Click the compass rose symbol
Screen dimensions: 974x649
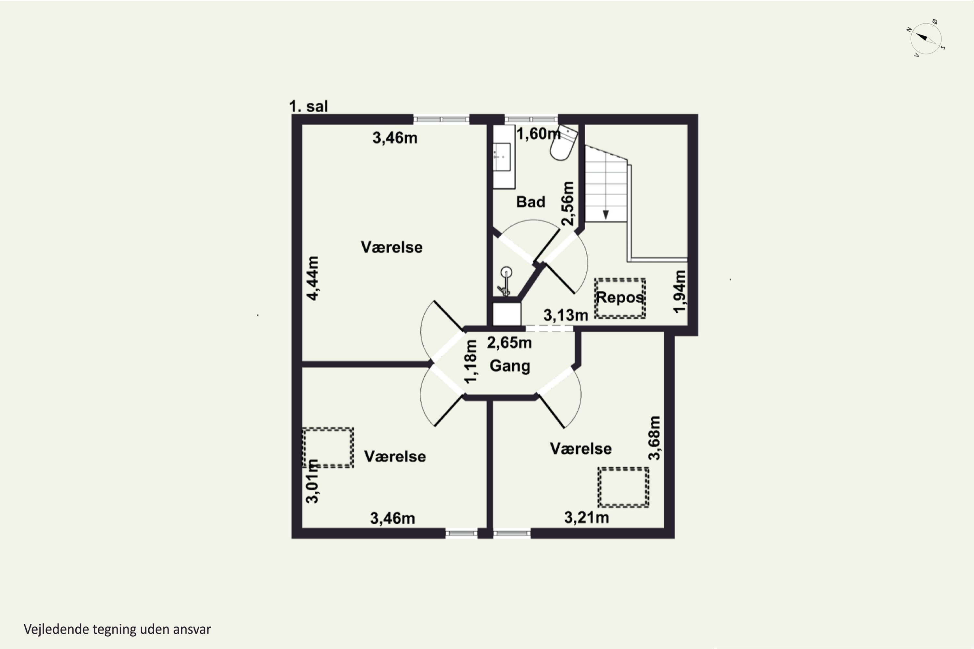(926, 38)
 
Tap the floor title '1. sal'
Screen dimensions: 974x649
(308, 106)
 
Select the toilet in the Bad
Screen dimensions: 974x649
(563, 143)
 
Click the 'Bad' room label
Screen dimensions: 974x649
(531, 202)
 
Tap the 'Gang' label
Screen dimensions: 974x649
(510, 366)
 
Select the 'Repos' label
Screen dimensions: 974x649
(619, 297)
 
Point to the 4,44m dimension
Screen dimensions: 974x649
(313, 278)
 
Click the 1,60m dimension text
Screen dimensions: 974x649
(538, 134)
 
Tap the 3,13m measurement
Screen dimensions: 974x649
(566, 315)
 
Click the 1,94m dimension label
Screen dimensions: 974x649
(680, 291)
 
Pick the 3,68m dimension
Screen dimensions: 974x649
(654, 438)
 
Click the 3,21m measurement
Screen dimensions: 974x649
(586, 517)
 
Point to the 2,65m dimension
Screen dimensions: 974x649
(509, 343)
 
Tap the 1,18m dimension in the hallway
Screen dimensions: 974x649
(471, 362)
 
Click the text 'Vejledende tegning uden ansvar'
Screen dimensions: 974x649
(117, 630)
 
